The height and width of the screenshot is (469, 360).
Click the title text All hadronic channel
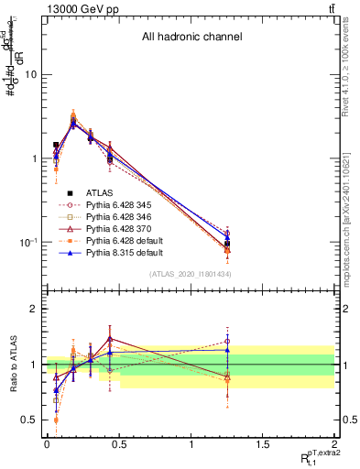[x=191, y=38]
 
